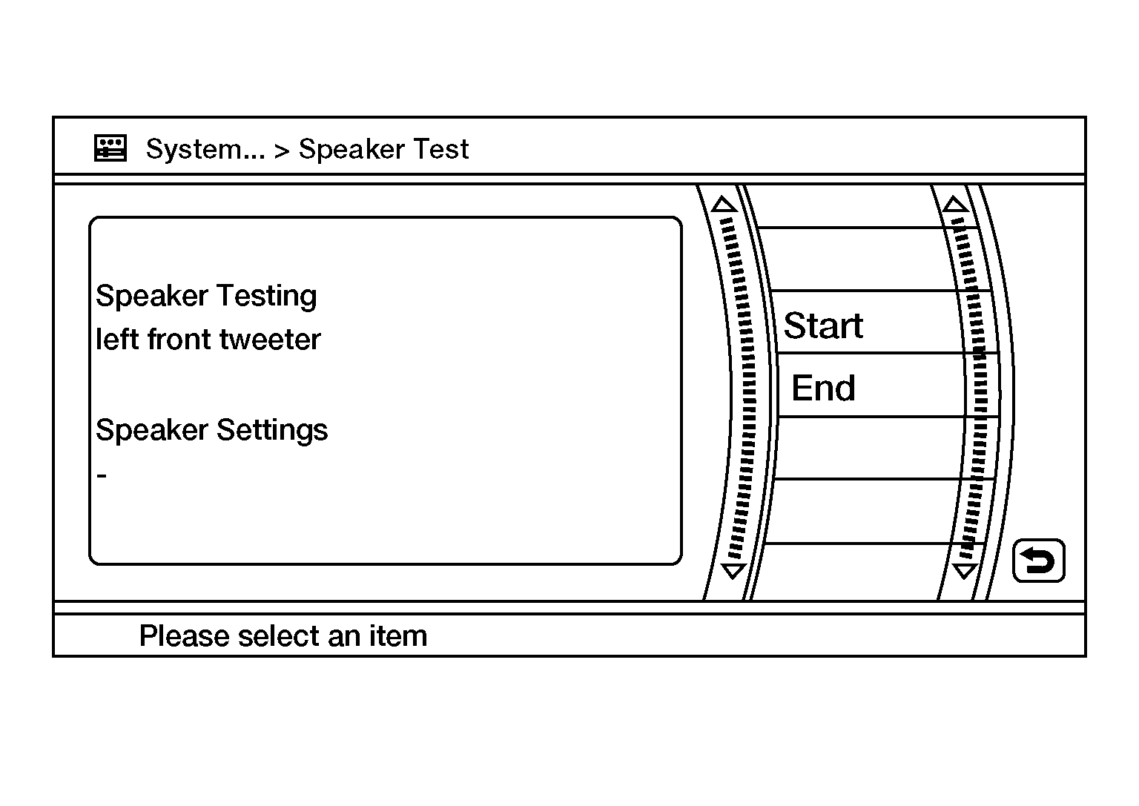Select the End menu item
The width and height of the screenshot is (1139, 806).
point(823,388)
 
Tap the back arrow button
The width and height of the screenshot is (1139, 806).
point(1038,561)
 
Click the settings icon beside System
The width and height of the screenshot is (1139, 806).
point(110,148)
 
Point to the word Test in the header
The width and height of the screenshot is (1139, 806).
point(441,149)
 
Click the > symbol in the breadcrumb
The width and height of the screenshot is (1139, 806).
point(282,151)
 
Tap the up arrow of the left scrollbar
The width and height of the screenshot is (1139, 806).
point(724,204)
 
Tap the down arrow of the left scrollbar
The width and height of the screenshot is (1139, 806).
point(733,571)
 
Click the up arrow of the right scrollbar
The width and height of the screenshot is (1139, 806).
point(955,204)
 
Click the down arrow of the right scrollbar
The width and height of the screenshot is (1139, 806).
point(965,571)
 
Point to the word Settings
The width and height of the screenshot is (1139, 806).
point(273,430)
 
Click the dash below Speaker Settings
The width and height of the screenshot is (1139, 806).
point(102,476)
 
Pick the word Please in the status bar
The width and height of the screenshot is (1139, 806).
point(185,635)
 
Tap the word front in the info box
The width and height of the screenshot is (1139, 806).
point(179,340)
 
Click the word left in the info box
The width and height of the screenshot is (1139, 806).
point(117,339)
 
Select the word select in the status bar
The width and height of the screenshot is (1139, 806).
point(279,635)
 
